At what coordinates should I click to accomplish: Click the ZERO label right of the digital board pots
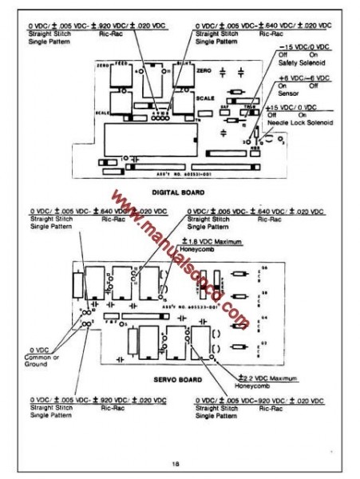(201, 71)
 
